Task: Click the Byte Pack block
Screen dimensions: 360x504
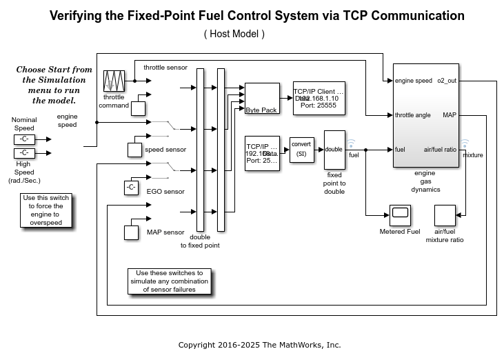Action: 263,99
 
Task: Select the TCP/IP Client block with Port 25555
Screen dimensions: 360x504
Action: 318,99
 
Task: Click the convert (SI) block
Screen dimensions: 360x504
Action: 301,149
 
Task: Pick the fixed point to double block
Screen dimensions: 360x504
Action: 334,149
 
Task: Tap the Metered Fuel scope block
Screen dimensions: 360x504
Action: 400,215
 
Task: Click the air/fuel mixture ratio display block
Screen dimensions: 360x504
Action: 444,215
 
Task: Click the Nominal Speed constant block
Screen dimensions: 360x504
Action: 24,139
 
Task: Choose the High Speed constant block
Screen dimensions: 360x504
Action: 24,152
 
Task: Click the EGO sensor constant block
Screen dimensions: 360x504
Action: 132,187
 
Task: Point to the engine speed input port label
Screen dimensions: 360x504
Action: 414,81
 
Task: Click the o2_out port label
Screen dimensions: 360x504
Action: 447,81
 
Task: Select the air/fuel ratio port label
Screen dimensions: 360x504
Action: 440,149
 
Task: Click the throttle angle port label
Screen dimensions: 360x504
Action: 413,114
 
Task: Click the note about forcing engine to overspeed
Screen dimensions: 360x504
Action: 46,210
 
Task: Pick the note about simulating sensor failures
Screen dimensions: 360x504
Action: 170,281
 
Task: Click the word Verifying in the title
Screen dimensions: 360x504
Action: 78,16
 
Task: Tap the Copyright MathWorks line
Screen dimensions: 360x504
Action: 259,345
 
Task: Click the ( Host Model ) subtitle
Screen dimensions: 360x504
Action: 234,33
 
